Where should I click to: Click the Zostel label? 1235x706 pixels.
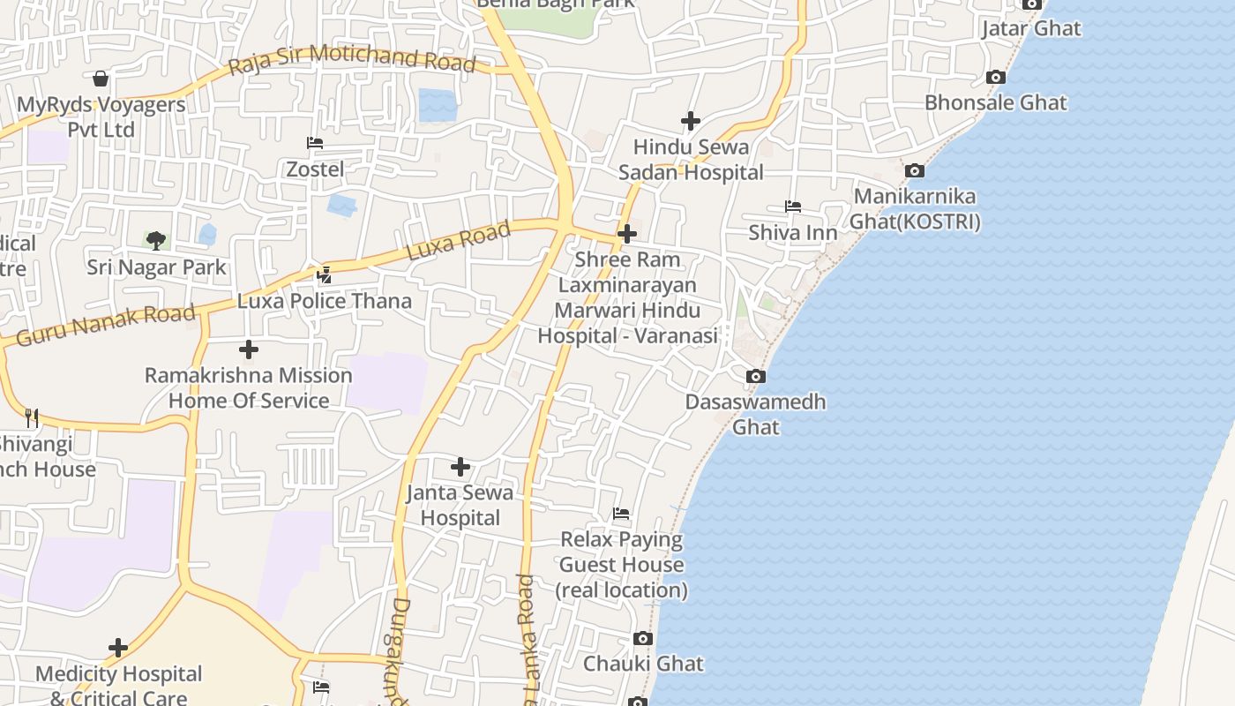[315, 169]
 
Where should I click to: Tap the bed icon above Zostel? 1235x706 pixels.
[315, 143]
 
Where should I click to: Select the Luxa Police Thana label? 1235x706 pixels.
[325, 301]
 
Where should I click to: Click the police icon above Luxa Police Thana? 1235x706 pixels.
[324, 275]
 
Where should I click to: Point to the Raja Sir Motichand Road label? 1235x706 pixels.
[352, 64]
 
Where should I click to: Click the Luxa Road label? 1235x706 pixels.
[459, 241]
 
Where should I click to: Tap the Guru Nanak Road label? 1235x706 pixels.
[106, 325]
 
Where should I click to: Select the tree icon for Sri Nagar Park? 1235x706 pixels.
[156, 240]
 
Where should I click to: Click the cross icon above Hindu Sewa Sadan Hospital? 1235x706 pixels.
[691, 121]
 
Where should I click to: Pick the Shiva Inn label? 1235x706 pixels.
[793, 232]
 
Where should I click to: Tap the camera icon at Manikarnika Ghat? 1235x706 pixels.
[915, 170]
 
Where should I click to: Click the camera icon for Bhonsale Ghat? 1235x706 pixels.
[996, 78]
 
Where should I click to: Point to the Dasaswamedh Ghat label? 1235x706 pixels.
[756, 414]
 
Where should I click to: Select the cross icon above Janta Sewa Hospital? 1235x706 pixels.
[460, 467]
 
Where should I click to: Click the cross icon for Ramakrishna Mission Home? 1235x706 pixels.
[249, 349]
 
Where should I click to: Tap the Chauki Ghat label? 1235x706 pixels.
[644, 664]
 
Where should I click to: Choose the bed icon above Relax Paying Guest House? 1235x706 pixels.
[622, 514]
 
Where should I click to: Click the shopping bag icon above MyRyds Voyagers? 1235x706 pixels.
[101, 79]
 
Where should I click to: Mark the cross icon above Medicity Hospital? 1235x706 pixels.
[118, 649]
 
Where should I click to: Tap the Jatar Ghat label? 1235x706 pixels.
[1031, 28]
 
